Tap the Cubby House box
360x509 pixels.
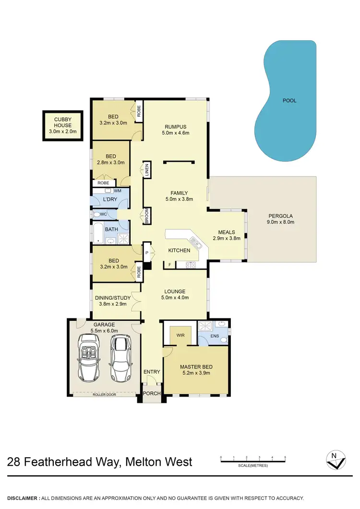click(x=63, y=125)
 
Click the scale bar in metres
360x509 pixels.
click(x=253, y=461)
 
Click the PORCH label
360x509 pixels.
click(x=152, y=393)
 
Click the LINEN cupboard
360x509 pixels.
click(x=147, y=170)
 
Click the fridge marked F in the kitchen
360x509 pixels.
click(x=169, y=265)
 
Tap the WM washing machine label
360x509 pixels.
click(x=117, y=191)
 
